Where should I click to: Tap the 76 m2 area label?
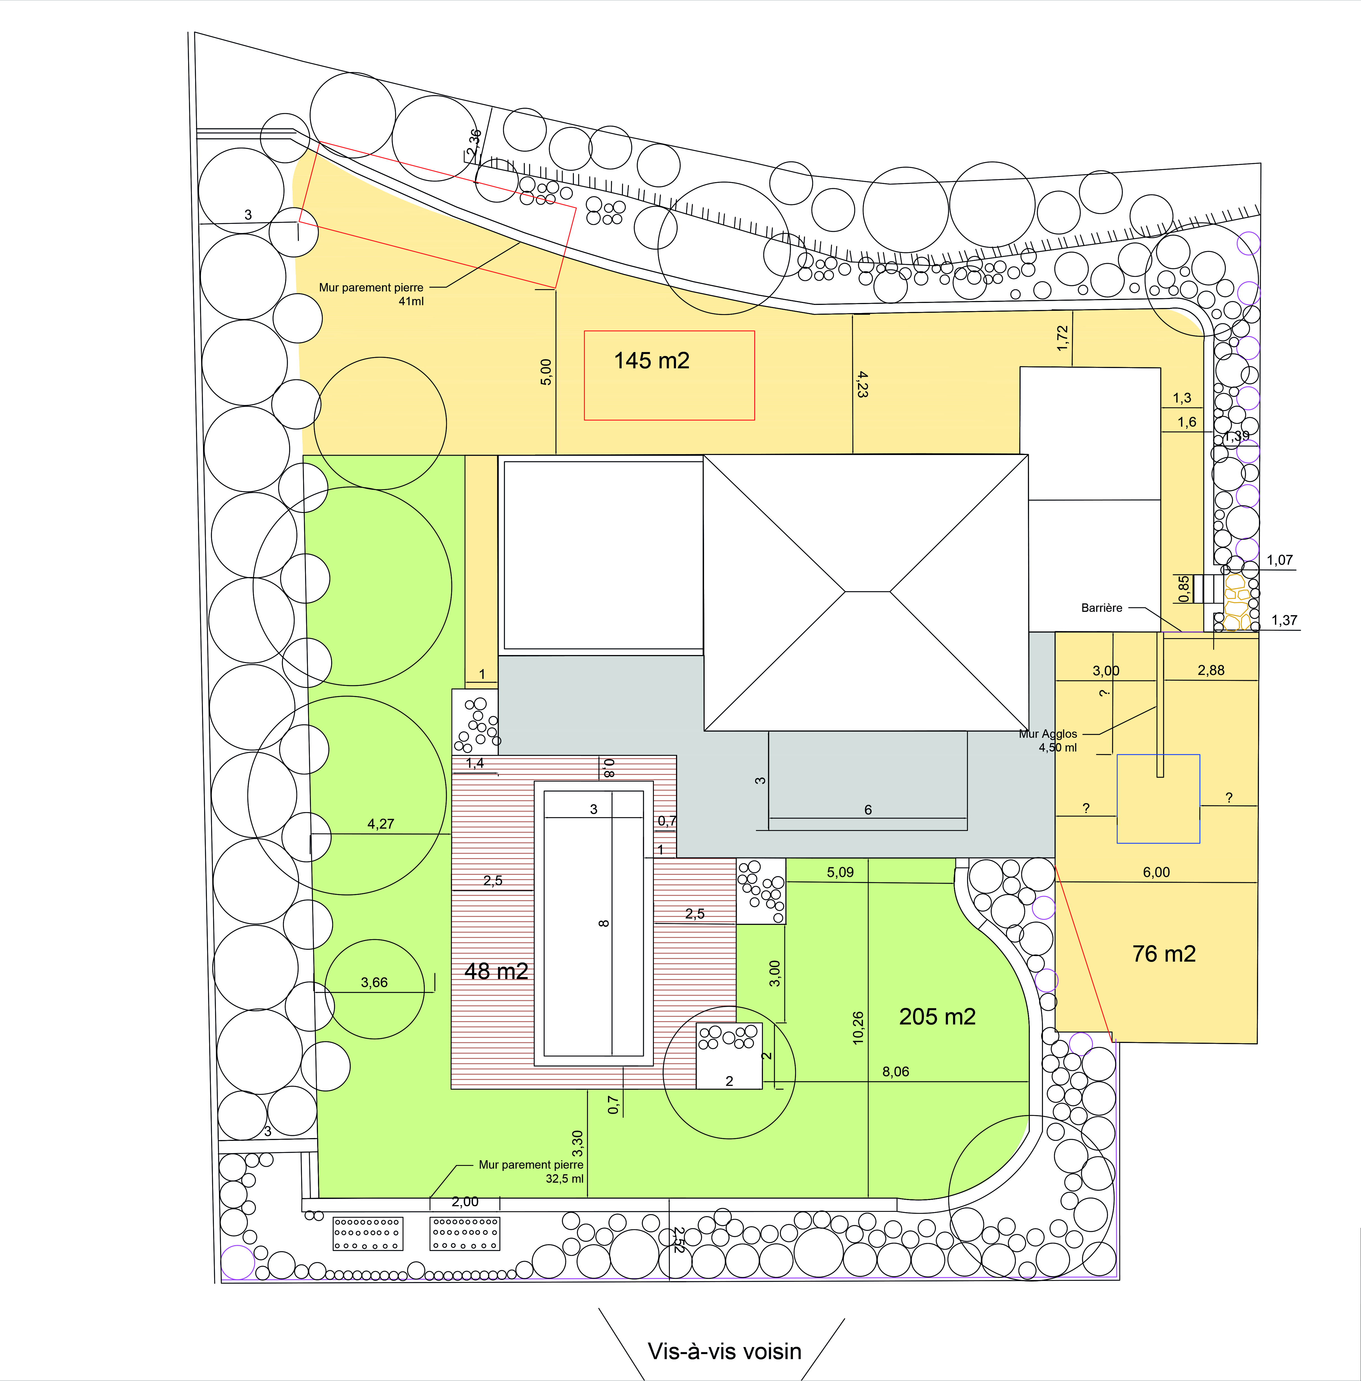click(1164, 953)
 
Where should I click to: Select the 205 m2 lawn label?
click(937, 1016)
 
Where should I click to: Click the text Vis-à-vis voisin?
click(725, 1351)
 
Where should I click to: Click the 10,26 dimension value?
click(858, 1028)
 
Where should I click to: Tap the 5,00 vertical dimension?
click(546, 372)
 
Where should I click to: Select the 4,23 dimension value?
click(862, 384)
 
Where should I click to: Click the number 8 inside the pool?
click(604, 923)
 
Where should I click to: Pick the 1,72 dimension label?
click(1062, 338)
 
